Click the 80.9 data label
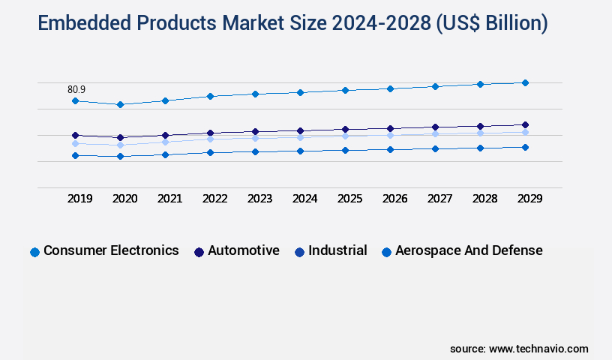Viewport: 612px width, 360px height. click(x=76, y=89)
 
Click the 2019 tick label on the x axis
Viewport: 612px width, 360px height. click(x=80, y=199)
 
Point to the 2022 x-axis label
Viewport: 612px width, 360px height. click(x=214, y=199)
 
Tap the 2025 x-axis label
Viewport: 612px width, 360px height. click(x=349, y=199)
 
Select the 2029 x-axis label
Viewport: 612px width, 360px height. click(x=529, y=199)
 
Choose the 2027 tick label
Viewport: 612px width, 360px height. click(x=439, y=199)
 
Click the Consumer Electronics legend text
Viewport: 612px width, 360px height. click(x=111, y=250)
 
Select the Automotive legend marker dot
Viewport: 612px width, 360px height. click(x=199, y=252)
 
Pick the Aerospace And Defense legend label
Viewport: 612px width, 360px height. click(x=469, y=250)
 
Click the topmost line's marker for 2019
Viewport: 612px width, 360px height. click(x=75, y=100)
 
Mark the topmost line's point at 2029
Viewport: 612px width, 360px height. click(x=525, y=82)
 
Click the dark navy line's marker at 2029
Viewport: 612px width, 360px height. click(x=525, y=124)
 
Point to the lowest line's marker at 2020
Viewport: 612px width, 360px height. click(x=120, y=156)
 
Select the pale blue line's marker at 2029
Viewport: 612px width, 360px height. click(x=525, y=132)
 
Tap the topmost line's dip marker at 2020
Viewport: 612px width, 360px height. click(x=120, y=104)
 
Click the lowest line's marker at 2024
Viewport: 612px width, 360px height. click(x=300, y=151)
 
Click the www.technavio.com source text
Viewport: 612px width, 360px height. click(x=538, y=349)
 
